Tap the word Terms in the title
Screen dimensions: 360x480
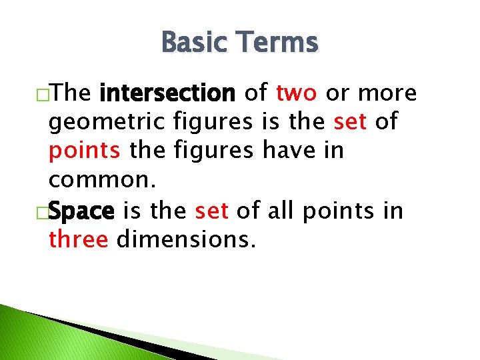click(x=280, y=43)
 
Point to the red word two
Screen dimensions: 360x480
click(x=297, y=93)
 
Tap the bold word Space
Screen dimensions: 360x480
click(x=82, y=211)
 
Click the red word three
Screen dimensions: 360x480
click(x=78, y=239)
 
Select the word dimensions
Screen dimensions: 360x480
click(x=186, y=239)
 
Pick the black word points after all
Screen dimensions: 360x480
click(x=327, y=211)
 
